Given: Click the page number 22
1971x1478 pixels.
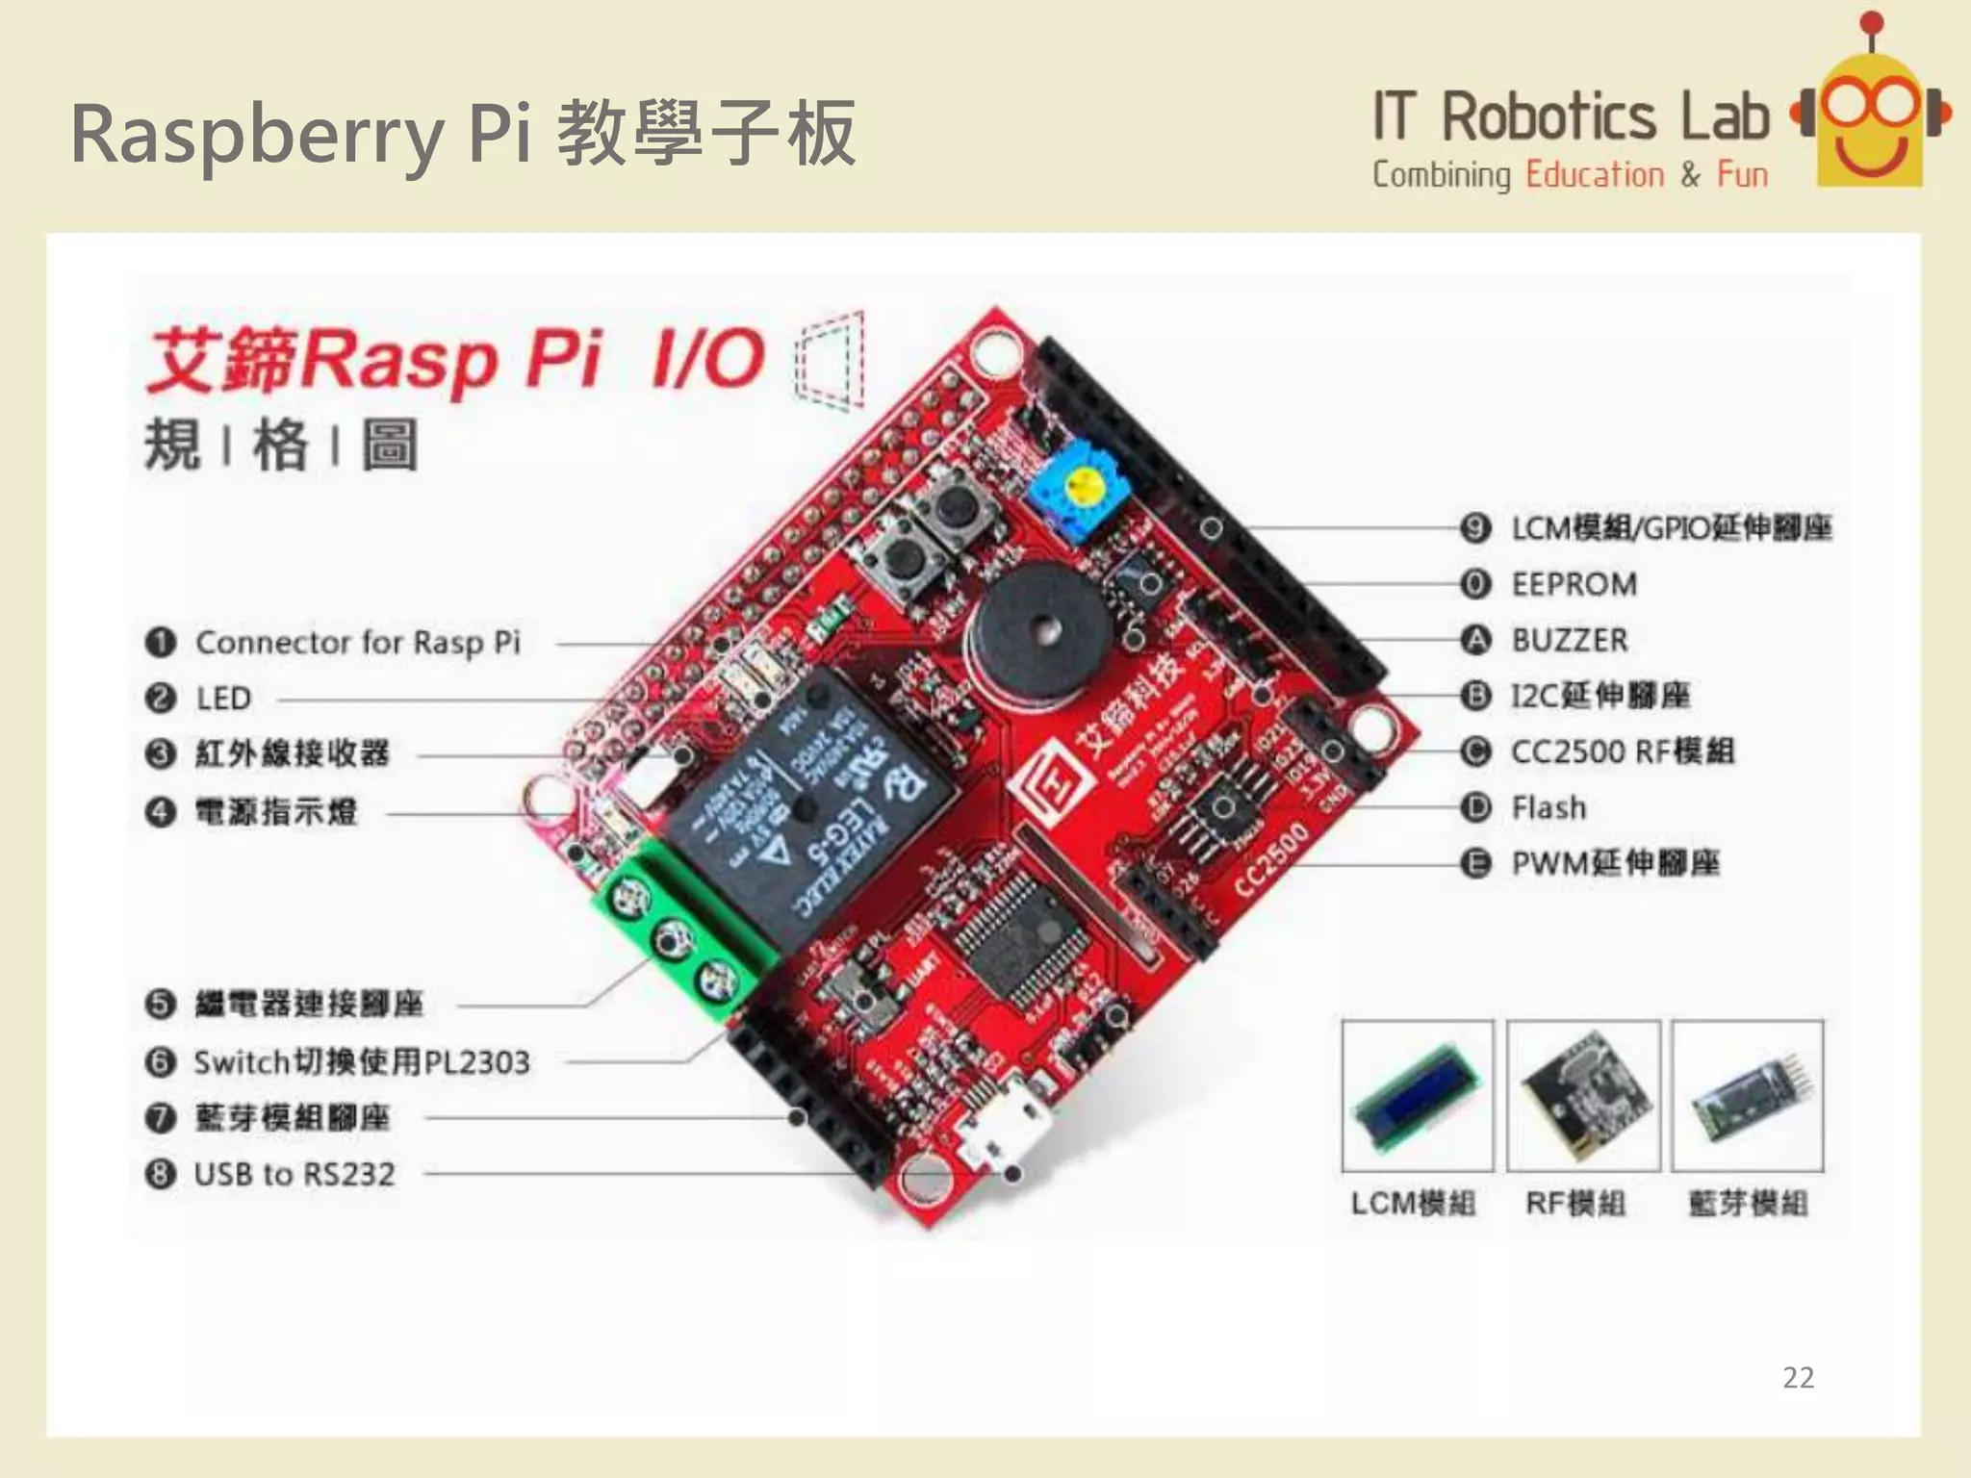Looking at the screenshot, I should [1798, 1377].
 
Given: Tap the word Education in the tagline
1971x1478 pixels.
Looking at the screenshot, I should [1595, 175].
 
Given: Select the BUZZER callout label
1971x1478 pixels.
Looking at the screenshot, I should [1569, 640].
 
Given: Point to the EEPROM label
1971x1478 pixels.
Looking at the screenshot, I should [1574, 584].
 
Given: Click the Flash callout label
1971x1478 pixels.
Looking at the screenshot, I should [1549, 807].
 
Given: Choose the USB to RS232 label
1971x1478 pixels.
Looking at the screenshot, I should [294, 1174].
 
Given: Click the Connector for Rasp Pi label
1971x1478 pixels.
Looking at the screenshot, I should [357, 642].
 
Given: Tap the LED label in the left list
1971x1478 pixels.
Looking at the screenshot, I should [223, 698].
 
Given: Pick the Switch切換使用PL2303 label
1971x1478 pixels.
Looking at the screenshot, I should [362, 1061].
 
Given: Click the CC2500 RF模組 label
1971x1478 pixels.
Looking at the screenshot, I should [1622, 752].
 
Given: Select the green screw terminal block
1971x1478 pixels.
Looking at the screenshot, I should [674, 933].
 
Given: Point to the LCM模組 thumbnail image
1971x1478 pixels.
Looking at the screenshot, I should [1418, 1095].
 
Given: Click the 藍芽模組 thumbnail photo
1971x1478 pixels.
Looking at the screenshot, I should [1747, 1095].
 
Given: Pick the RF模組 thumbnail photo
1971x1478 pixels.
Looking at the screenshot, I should [1583, 1095].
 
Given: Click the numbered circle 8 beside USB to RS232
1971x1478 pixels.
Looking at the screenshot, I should [160, 1174].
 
